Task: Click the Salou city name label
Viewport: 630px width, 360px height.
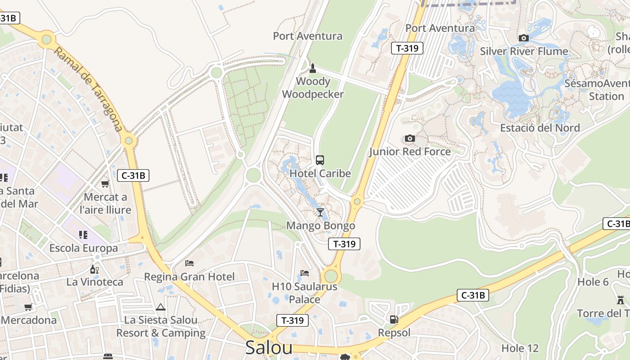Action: pos(269,347)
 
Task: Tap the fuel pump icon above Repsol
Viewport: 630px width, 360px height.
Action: pos(394,319)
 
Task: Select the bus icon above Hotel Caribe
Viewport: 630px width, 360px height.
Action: pos(319,160)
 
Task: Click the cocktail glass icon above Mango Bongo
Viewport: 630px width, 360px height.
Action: pos(320,212)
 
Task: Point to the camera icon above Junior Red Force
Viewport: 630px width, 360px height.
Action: pos(409,138)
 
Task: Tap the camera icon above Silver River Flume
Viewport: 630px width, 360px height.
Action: pos(523,38)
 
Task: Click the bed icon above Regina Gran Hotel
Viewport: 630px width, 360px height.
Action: pos(189,263)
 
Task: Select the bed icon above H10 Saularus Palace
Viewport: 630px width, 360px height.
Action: pos(305,273)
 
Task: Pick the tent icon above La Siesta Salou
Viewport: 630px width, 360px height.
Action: pos(161,307)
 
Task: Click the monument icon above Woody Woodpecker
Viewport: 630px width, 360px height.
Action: pos(313,68)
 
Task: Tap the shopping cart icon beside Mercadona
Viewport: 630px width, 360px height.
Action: pos(28,307)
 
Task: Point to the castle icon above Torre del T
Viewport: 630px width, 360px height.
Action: pos(621,300)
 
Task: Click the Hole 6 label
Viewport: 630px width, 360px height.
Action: pos(593,282)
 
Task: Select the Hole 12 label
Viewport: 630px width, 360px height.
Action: pos(520,348)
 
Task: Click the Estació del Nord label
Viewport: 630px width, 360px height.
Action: pos(540,128)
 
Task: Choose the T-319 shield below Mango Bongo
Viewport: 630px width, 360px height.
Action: pos(345,244)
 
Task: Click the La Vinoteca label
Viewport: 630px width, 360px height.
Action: pos(94,282)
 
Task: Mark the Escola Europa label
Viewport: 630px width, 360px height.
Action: pos(83,248)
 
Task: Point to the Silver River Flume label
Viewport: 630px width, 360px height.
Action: pos(524,51)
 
